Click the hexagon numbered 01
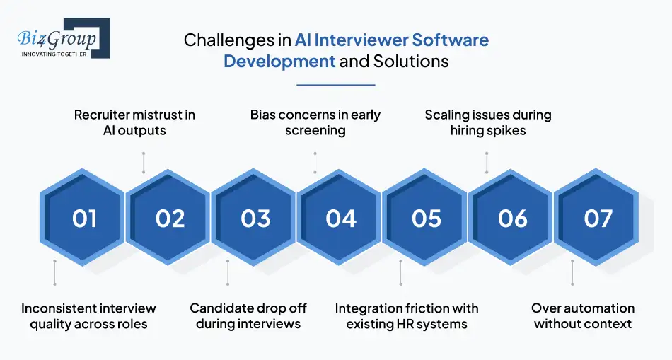(x=84, y=219)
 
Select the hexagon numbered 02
(x=170, y=219)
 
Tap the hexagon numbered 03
(x=255, y=219)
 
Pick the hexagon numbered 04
(x=341, y=219)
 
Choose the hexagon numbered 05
(x=427, y=219)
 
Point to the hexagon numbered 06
(x=512, y=219)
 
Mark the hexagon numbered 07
(x=598, y=219)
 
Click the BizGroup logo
(x=61, y=39)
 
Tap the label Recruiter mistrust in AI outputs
(x=134, y=122)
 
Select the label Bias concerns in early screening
(x=315, y=122)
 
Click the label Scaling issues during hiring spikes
(x=487, y=122)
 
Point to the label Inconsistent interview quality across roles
(x=88, y=316)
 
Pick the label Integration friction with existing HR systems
(x=407, y=316)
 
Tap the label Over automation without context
(x=583, y=316)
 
